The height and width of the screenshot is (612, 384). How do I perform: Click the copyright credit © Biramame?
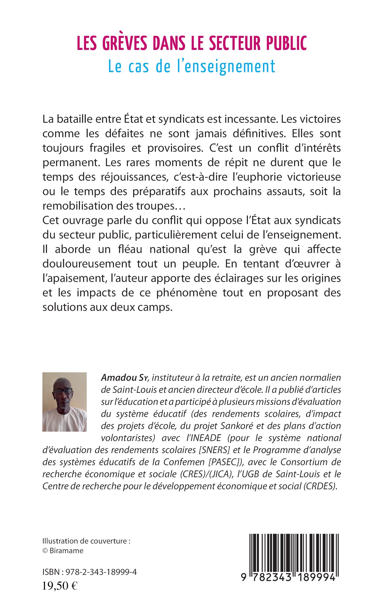tap(63, 551)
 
